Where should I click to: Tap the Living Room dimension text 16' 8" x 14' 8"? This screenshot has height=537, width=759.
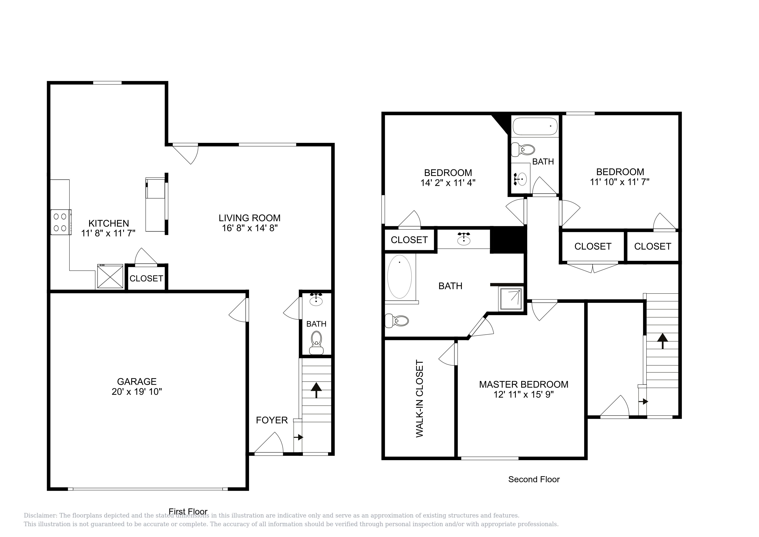coord(250,228)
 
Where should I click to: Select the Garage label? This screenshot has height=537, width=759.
coord(137,382)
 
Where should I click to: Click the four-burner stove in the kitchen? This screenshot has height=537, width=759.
coord(61,222)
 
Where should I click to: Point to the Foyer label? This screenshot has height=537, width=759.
coord(272,420)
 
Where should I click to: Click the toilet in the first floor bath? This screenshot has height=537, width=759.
coord(316,343)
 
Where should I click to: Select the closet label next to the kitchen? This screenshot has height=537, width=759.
coord(146,278)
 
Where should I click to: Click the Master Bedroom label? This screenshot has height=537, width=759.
coord(524,385)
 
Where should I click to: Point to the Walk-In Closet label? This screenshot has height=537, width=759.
coord(420,399)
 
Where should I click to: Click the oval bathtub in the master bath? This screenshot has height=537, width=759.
coord(400,276)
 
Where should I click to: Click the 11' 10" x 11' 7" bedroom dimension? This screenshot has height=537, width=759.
coord(620,182)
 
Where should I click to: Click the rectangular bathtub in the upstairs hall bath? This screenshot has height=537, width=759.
coord(535,126)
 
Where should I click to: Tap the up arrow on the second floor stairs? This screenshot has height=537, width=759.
coord(663,341)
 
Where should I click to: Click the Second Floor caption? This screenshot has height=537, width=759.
coord(534,479)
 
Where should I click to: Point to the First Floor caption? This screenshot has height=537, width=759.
coord(188,511)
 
